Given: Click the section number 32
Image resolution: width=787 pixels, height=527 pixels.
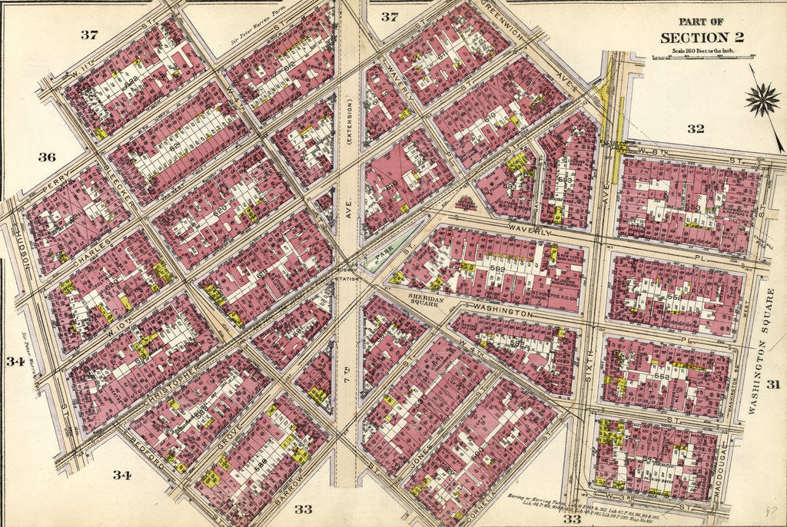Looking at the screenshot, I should tap(695, 129).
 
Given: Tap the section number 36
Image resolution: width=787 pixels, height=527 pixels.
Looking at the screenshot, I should tap(47, 157).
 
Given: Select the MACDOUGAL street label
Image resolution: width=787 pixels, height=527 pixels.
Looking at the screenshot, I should tap(722, 468).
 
